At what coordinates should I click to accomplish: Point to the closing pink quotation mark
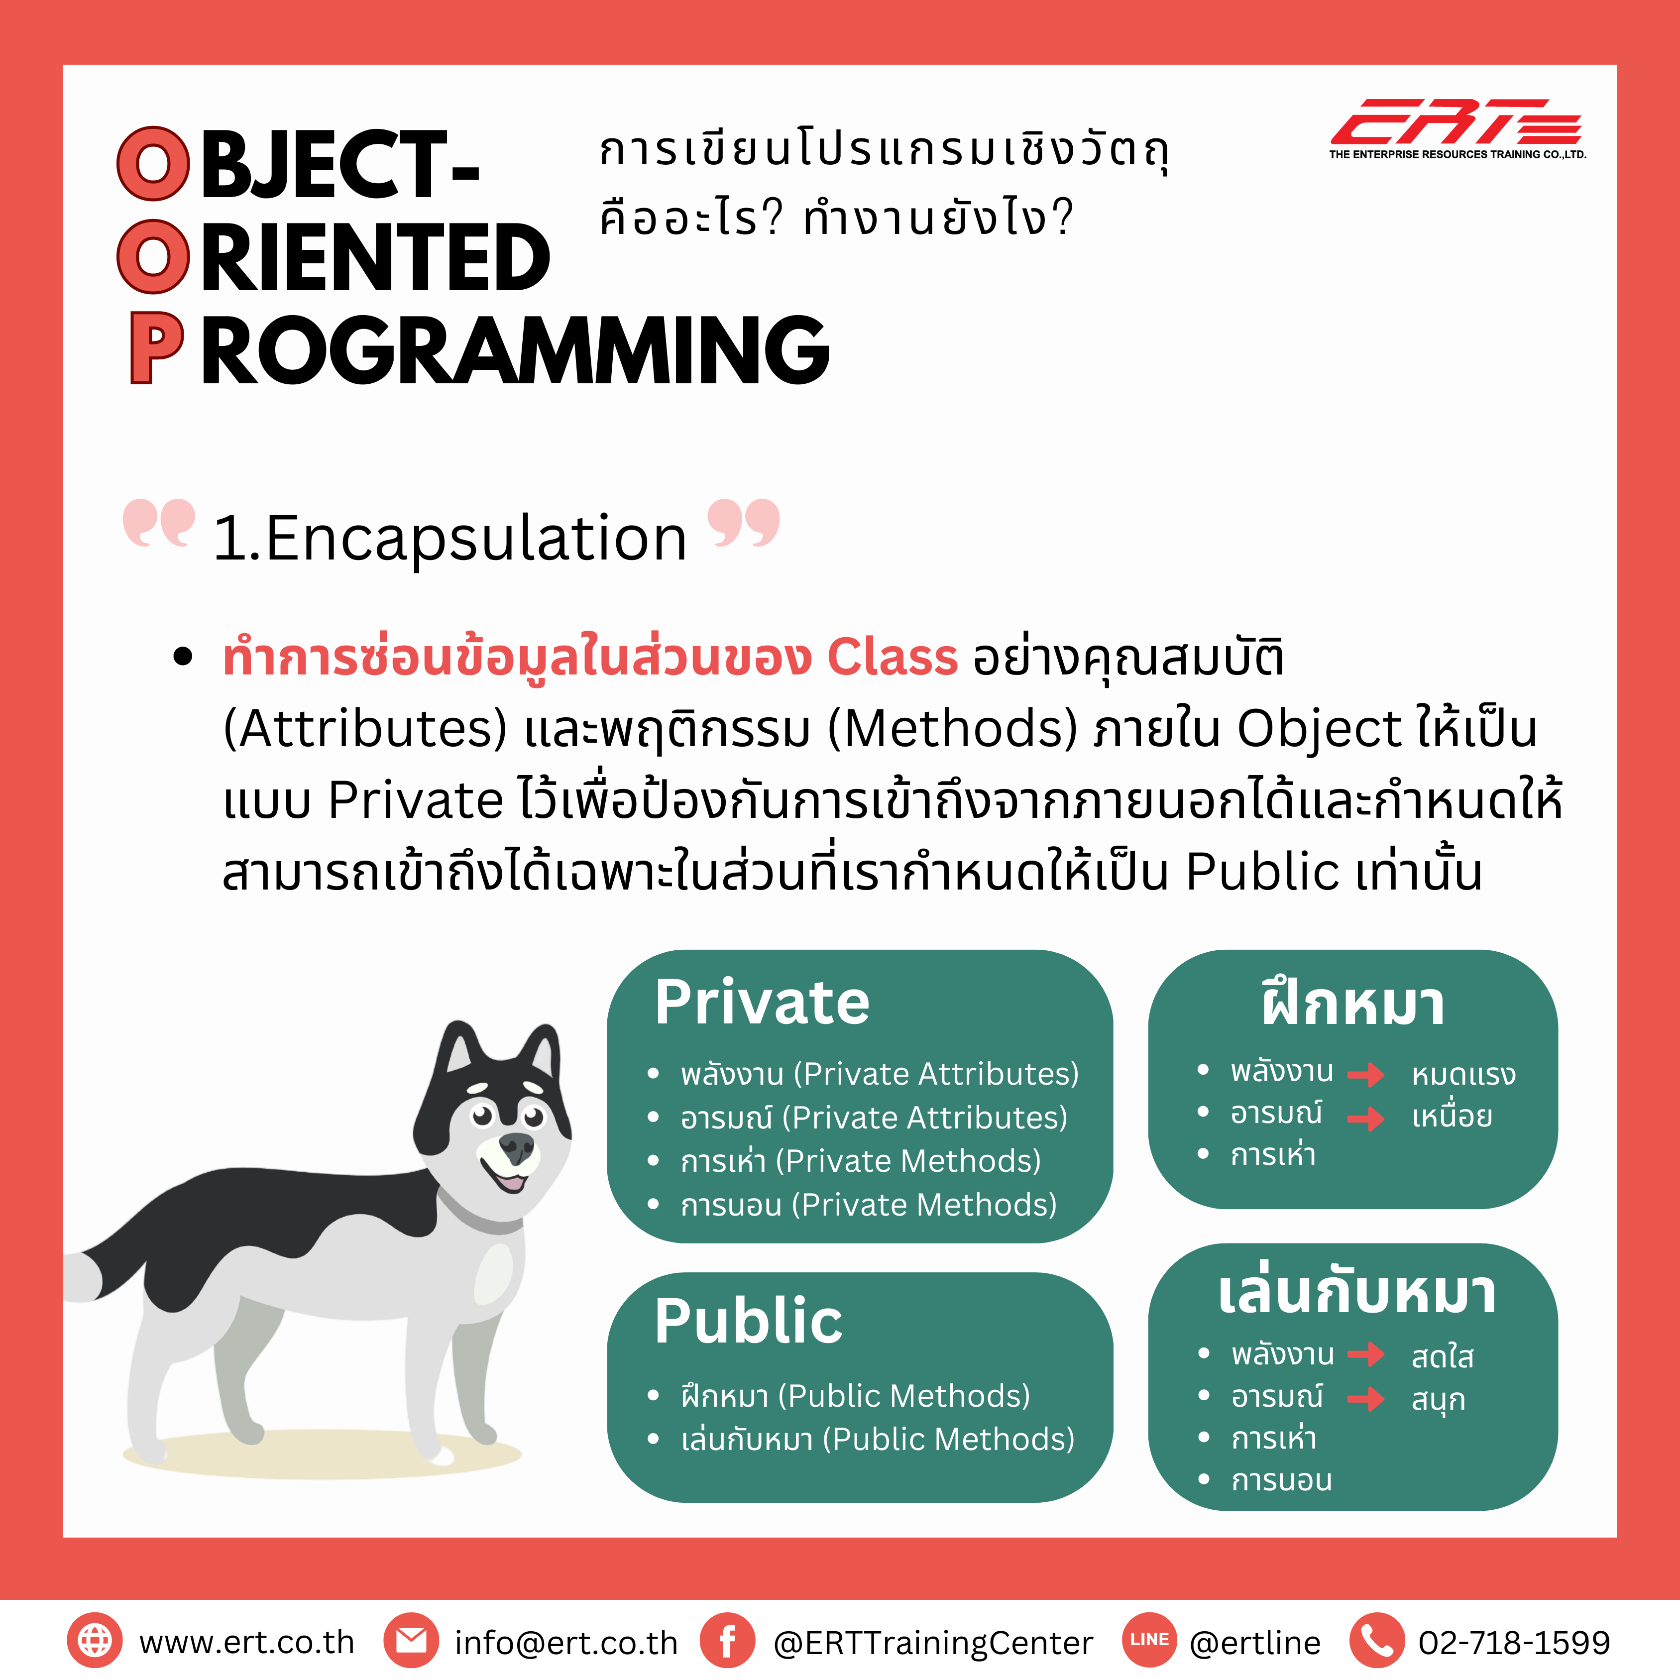pyautogui.click(x=744, y=523)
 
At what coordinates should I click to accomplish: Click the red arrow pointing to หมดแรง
pyautogui.click(x=1366, y=1075)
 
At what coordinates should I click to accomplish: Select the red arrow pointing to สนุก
pyautogui.click(x=1366, y=1399)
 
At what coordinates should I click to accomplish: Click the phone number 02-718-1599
pyautogui.click(x=1514, y=1643)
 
